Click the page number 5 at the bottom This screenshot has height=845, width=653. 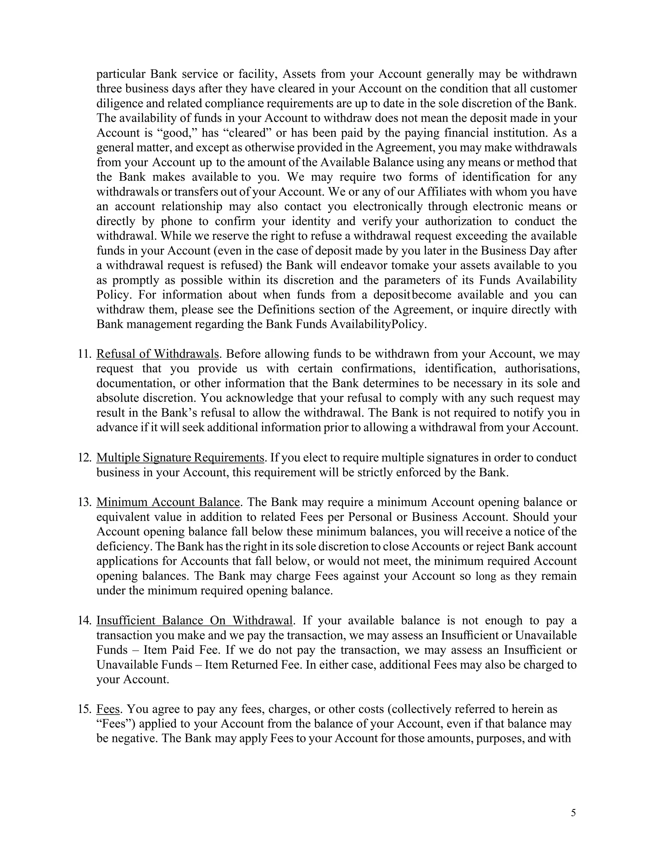(573, 812)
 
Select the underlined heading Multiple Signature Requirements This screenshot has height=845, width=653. (180, 457)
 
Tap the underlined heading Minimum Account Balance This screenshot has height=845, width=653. (168, 502)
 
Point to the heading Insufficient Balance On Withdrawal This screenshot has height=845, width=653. (194, 620)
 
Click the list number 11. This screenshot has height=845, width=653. (84, 354)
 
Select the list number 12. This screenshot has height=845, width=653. (84, 457)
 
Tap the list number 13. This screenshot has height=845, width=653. (84, 502)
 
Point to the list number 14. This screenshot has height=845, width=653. (84, 620)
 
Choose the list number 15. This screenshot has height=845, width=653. (84, 709)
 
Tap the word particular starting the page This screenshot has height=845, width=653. (120, 74)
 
